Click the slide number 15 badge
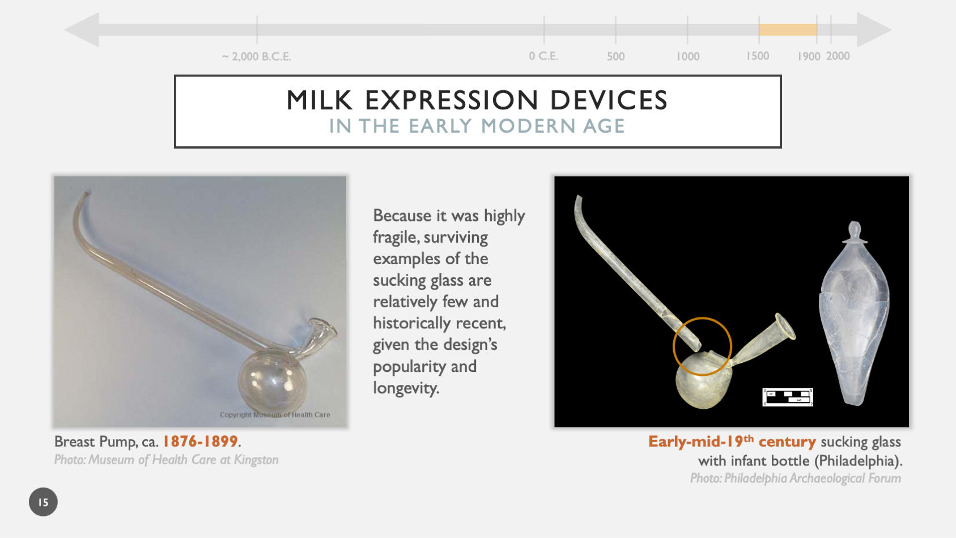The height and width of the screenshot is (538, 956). coord(43,502)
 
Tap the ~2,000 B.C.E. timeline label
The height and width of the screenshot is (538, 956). coord(256,57)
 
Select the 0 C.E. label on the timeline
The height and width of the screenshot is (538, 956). coord(543,56)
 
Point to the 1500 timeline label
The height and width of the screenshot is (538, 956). coord(758,56)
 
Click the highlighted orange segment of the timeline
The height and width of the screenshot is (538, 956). coord(787,30)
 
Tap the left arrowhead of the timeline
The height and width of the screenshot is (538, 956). coord(83,30)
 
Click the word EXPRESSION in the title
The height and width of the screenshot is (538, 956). coord(451,101)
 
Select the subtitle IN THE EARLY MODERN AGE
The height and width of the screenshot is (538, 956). coord(477,126)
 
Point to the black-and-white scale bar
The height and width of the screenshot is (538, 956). coord(788,397)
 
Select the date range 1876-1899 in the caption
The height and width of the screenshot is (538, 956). coord(200,441)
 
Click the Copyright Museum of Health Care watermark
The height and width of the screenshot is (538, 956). coord(275,415)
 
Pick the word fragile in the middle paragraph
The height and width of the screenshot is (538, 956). coord(396,237)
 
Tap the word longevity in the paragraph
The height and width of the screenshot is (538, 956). coord(405,388)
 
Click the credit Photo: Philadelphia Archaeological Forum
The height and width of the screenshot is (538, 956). coord(795,478)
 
